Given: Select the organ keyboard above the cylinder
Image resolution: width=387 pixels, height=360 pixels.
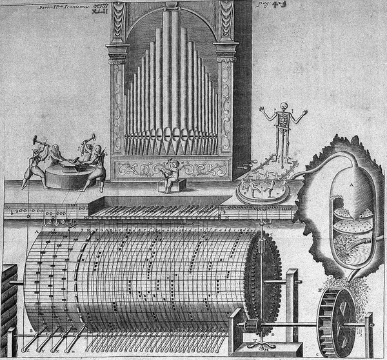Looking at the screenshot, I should tap(155, 210).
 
